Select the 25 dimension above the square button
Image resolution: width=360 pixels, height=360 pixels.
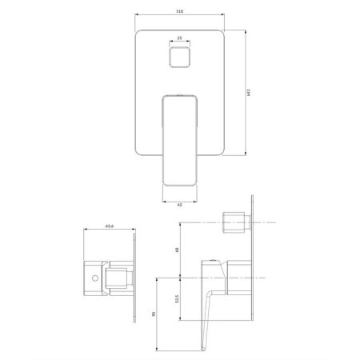179,37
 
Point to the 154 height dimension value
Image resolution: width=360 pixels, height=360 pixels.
250,93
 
